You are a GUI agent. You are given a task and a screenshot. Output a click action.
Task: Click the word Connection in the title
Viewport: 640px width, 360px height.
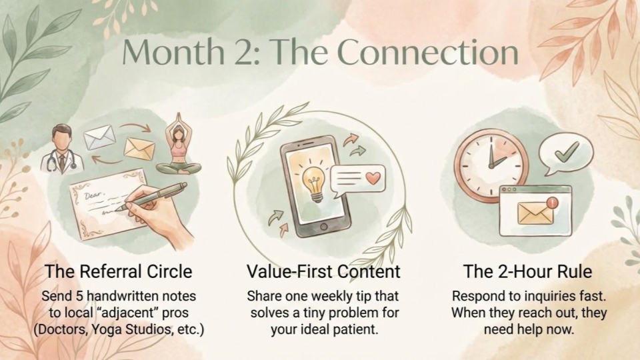[x=428, y=52]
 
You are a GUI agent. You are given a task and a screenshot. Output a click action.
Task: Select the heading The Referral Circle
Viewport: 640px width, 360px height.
[x=118, y=271]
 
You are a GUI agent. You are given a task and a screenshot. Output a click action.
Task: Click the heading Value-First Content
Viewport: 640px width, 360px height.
[x=323, y=271]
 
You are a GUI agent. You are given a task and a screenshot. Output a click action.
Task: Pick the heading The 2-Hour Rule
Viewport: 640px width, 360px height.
[x=527, y=271]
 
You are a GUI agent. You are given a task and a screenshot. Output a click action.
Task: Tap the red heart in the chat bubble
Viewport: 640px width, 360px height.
[x=373, y=178]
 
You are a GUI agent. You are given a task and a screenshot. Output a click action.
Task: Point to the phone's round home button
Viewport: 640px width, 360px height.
[x=324, y=227]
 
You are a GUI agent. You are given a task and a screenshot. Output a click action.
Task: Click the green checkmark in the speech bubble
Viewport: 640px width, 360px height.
[x=567, y=151]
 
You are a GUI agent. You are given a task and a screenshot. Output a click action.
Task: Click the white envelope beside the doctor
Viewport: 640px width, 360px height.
[x=99, y=137]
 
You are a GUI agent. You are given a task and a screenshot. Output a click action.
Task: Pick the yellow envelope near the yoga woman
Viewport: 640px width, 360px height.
[x=139, y=149]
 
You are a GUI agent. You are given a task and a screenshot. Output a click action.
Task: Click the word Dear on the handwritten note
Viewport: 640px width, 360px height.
[x=92, y=196]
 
